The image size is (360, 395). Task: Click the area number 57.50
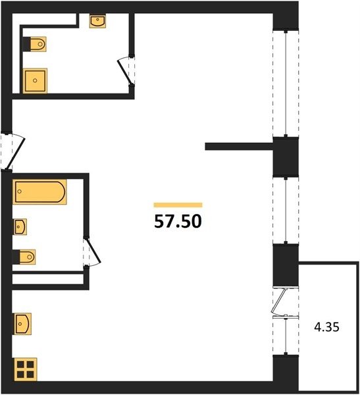click(x=178, y=221)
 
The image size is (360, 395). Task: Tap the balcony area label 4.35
click(x=326, y=327)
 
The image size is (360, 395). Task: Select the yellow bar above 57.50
click(x=178, y=205)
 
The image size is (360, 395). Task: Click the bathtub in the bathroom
click(x=39, y=192)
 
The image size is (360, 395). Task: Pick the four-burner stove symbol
click(x=26, y=369)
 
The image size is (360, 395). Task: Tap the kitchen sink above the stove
click(x=22, y=324)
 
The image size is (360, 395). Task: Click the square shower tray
click(x=36, y=80)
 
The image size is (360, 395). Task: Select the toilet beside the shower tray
click(x=35, y=44)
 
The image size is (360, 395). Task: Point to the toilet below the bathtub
click(x=24, y=257)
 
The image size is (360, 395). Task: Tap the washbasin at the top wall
click(x=98, y=20)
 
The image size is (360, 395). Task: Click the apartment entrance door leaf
click(x=15, y=153)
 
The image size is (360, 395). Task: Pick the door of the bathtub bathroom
click(x=93, y=251)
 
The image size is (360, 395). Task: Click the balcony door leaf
click(x=280, y=300)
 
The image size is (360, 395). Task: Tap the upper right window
click(x=286, y=84)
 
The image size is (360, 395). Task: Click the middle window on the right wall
click(x=286, y=211)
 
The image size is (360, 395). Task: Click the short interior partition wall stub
click(x=240, y=146)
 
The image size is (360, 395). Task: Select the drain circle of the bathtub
click(x=19, y=192)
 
